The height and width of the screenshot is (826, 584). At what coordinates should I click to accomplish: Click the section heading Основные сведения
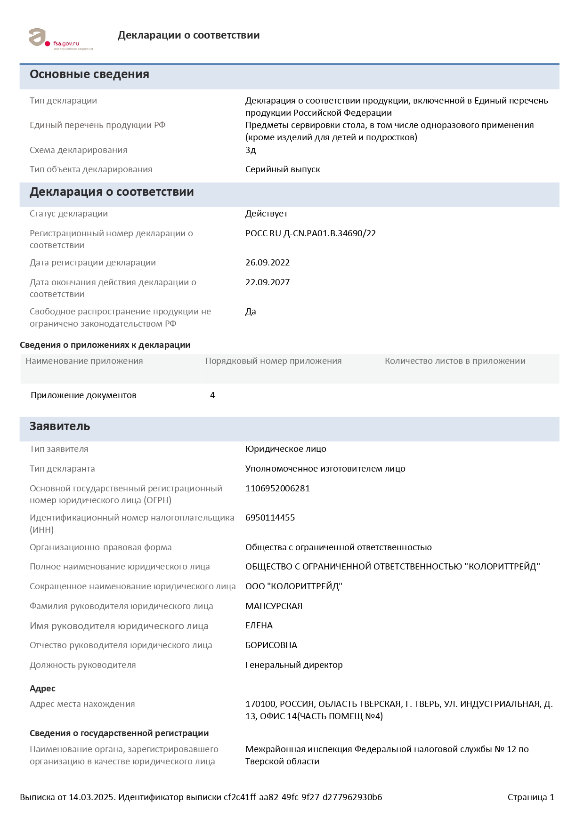[x=89, y=74]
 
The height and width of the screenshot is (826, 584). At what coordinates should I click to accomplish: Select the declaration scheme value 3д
[x=251, y=150]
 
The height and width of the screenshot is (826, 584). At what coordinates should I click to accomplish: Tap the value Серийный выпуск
[x=283, y=169]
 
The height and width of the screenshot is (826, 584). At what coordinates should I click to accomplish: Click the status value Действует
[x=267, y=214]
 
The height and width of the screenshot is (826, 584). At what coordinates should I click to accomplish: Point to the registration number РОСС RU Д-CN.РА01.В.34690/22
[x=310, y=233]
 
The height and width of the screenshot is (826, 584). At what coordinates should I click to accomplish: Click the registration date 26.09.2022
[x=268, y=263]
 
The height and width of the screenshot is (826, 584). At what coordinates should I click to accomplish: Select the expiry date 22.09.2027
[x=268, y=282]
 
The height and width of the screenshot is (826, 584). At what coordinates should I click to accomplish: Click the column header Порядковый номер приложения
[x=273, y=361]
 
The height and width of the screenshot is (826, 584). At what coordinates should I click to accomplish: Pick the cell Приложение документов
[x=83, y=395]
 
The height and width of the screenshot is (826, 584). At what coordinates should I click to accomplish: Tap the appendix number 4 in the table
[x=212, y=395]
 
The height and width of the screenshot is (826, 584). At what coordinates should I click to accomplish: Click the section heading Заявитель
[x=60, y=426]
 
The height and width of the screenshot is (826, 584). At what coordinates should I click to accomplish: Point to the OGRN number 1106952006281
[x=277, y=489]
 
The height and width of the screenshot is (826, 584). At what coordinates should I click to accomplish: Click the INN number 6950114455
[x=270, y=518]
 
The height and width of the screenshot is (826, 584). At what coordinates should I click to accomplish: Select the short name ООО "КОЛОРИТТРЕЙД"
[x=293, y=586]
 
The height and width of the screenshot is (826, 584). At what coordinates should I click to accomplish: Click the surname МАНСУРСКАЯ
[x=274, y=606]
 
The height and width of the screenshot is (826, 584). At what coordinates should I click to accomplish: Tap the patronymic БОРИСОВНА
[x=271, y=645]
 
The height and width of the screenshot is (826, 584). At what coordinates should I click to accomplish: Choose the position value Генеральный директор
[x=294, y=665]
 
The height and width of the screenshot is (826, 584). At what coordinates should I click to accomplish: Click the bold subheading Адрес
[x=42, y=689]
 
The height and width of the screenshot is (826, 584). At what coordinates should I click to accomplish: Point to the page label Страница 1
[x=531, y=797]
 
